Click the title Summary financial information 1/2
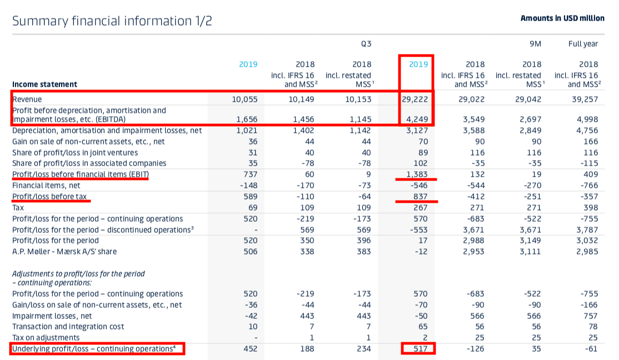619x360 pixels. (112, 21)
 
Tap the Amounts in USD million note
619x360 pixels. (562, 18)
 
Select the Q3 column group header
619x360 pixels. (366, 43)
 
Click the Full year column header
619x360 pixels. (583, 43)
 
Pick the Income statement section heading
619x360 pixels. (44, 84)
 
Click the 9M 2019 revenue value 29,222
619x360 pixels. (417, 99)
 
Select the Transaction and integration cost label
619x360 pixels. (68, 327)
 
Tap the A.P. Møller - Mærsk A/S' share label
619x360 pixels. (64, 252)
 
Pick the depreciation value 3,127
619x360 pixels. (418, 131)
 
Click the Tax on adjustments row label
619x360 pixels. (46, 338)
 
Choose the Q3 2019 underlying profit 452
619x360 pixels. (251, 349)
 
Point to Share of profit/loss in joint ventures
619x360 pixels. (75, 152)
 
